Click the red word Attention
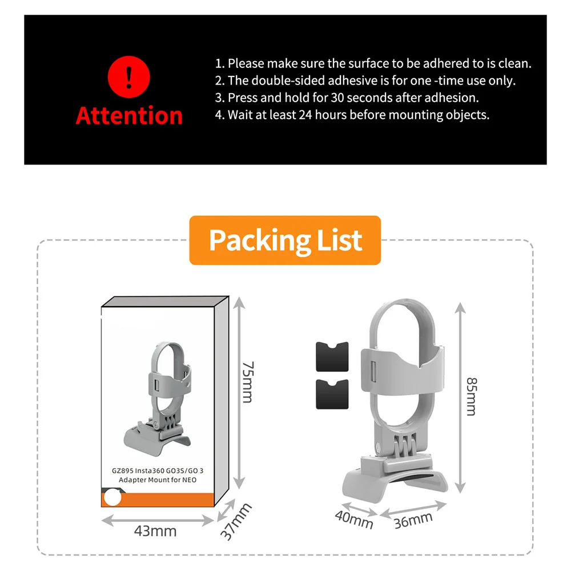128,115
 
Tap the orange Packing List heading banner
285,240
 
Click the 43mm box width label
155,531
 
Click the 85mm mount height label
471,396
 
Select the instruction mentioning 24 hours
352,115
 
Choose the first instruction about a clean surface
373,63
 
